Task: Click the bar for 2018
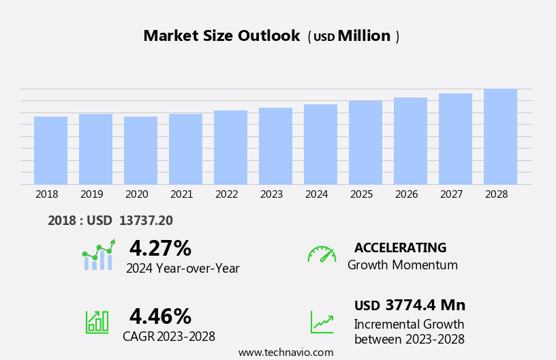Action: (50, 151)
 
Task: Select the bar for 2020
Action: (140, 151)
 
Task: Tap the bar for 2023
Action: (275, 146)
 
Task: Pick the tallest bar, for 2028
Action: (500, 136)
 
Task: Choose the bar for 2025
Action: (365, 142)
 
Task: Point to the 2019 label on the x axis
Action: (91, 194)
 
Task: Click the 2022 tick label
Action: (226, 194)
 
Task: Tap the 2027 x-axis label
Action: (451, 194)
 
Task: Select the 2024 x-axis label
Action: (316, 194)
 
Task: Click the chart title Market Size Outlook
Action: (221, 36)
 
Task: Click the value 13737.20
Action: (146, 220)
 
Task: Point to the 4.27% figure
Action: (160, 248)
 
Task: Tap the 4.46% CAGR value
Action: (160, 316)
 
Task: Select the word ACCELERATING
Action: (400, 247)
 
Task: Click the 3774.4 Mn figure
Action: (425, 305)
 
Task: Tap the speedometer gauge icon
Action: (322, 254)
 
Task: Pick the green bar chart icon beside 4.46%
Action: (97, 321)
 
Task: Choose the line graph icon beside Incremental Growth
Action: (322, 322)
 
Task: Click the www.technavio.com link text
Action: (285, 352)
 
